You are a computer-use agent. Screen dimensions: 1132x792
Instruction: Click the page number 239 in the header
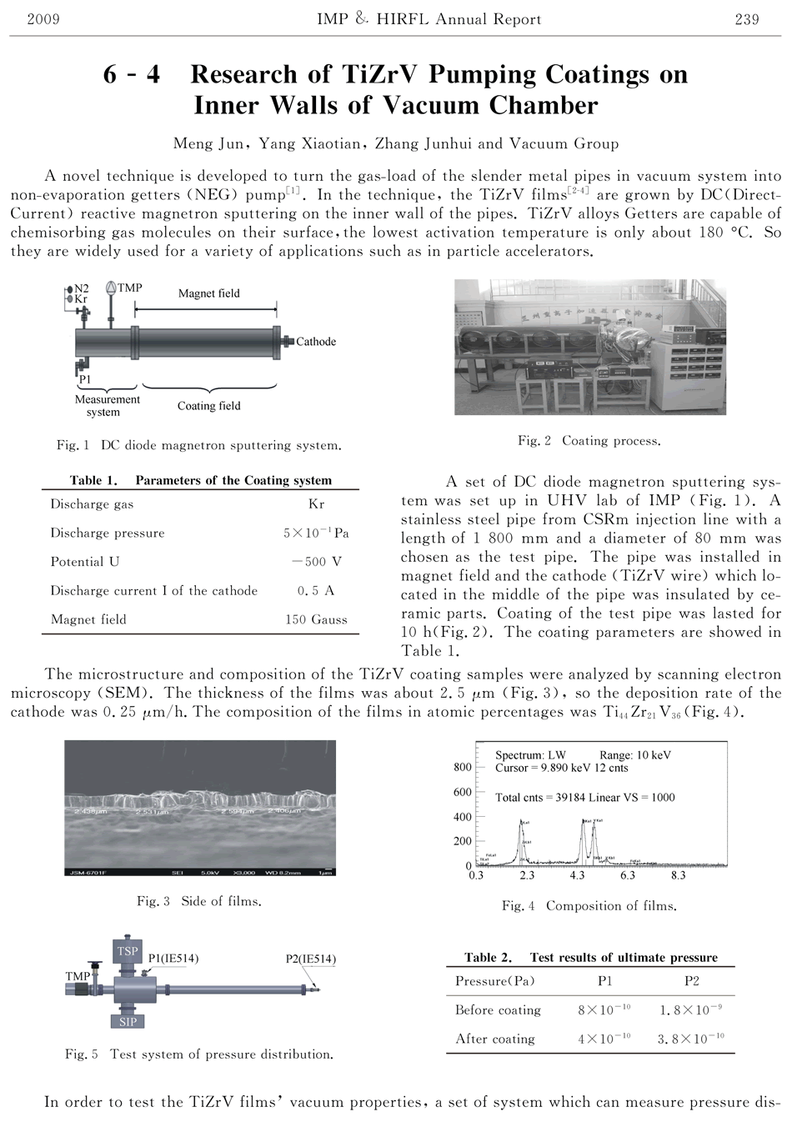tap(746, 19)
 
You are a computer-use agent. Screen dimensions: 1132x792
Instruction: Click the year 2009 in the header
tap(43, 19)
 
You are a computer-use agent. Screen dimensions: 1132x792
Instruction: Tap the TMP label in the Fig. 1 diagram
tap(130, 288)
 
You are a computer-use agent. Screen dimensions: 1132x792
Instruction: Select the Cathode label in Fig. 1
tap(316, 341)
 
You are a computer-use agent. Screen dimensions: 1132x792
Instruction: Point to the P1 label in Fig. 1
tap(84, 379)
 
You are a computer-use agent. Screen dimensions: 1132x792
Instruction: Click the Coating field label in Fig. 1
tap(208, 406)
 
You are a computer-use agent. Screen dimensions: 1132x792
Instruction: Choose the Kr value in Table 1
tap(316, 504)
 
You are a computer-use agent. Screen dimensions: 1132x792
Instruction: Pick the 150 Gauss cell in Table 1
tap(316, 619)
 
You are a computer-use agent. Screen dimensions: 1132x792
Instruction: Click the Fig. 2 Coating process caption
tap(589, 440)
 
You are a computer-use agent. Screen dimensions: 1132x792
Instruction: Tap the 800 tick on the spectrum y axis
tap(462, 767)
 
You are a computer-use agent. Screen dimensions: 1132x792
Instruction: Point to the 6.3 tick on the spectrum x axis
tap(627, 876)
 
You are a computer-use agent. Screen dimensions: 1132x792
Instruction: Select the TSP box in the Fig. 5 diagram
tap(128, 951)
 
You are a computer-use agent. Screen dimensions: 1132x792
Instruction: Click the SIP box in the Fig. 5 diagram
tap(128, 1021)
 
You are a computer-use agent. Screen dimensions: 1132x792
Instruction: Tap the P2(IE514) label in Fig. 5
tap(310, 959)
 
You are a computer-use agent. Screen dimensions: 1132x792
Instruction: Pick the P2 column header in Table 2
tap(691, 981)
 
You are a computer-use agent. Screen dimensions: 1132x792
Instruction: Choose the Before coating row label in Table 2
tap(498, 1010)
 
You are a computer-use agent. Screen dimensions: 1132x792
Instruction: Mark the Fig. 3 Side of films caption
tap(199, 901)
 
